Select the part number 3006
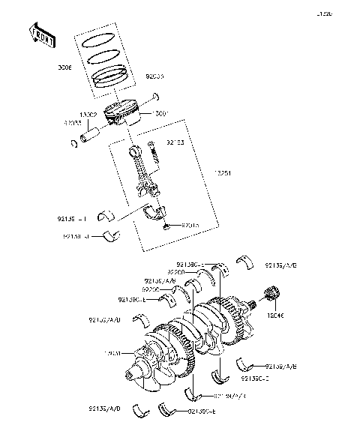point(65,67)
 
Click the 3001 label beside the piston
point(161,114)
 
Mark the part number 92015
point(190,224)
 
